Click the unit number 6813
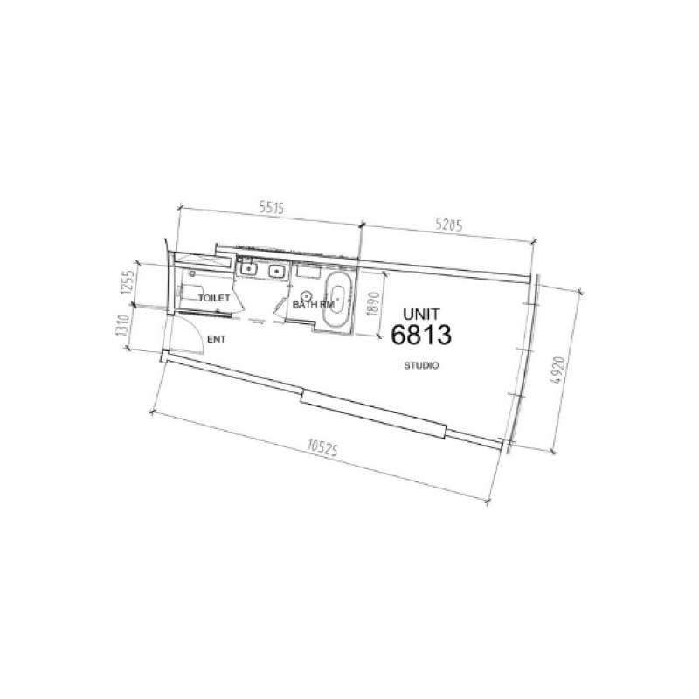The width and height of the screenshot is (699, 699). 421,336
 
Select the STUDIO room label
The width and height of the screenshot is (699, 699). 421,365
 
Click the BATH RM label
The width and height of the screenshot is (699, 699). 313,303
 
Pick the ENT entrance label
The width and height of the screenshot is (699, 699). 215,342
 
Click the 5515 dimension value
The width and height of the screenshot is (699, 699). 274,211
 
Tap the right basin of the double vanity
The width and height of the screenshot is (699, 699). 278,272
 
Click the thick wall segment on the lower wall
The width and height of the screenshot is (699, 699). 373,414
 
